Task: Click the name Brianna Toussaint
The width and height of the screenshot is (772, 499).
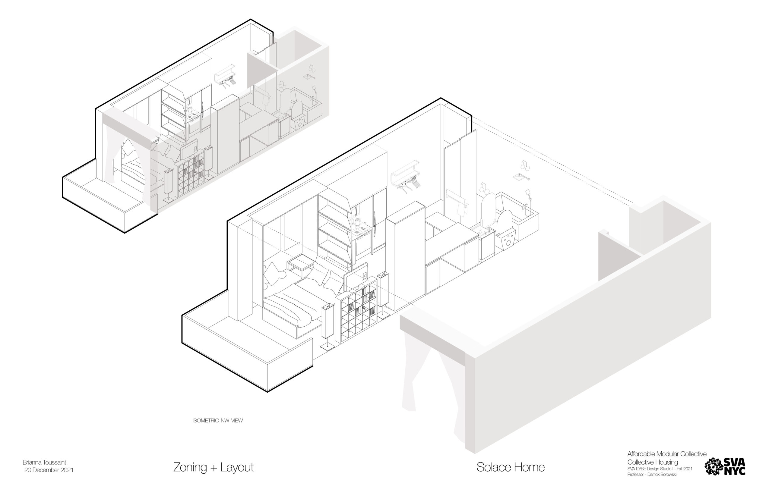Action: click(44, 462)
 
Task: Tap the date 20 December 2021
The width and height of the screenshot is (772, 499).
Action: click(49, 470)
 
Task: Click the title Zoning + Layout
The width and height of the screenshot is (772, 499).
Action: click(213, 467)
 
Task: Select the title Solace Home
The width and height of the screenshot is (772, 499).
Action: click(510, 467)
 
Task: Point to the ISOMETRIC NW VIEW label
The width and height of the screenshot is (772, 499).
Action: click(217, 421)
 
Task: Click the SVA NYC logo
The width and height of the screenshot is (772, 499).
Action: click(725, 466)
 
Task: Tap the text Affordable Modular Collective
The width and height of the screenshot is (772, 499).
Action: click(667, 454)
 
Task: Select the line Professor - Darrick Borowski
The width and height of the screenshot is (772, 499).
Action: click(652, 475)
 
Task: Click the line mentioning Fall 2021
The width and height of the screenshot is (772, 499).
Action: click(660, 469)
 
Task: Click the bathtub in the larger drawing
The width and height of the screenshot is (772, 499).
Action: click(522, 217)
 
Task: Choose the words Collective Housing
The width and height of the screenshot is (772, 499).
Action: click(652, 462)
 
